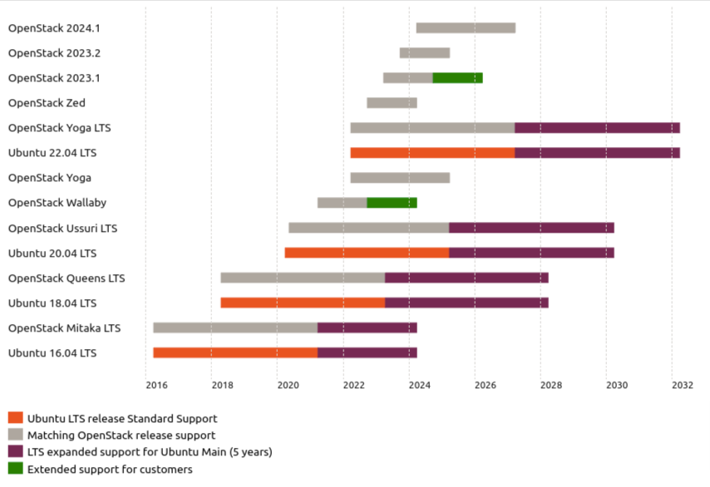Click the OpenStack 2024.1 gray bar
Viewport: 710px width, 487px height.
point(466,28)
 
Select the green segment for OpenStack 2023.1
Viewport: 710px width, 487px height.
point(457,78)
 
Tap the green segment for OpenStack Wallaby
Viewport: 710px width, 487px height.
point(392,203)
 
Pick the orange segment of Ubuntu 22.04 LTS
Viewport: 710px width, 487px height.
point(432,153)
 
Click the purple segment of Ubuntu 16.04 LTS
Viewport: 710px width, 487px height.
point(367,352)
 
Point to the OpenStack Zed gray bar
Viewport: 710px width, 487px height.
point(392,103)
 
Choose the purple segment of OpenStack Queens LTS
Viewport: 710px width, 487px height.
point(466,278)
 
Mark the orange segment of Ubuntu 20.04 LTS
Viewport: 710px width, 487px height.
point(367,253)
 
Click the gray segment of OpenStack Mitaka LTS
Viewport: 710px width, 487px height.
point(235,327)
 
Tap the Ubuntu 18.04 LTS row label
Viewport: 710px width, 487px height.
point(52,303)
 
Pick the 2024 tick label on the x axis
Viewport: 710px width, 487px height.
point(419,385)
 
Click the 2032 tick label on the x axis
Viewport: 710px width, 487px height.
point(682,385)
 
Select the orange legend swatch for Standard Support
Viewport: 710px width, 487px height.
point(15,418)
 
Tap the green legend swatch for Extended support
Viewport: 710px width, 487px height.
point(15,470)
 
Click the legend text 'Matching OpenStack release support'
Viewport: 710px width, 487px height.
point(121,435)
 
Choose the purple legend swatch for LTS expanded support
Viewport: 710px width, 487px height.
point(15,452)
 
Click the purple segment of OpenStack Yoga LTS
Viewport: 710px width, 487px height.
point(597,128)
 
